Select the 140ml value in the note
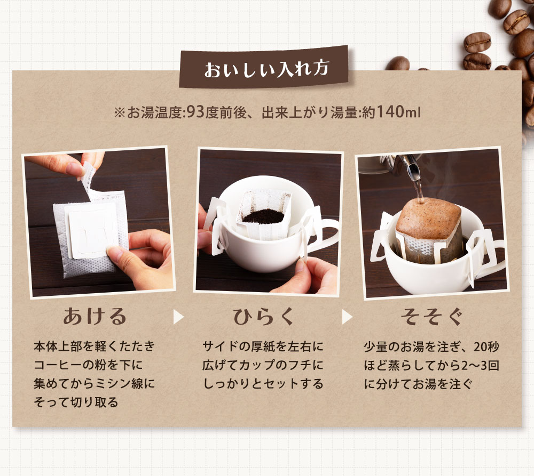[398, 114]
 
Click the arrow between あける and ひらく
[178, 317]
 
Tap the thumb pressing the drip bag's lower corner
[119, 256]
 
